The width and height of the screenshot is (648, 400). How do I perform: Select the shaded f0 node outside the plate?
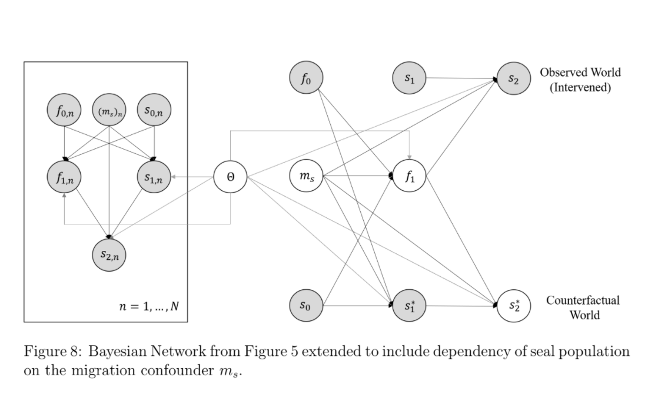(306, 78)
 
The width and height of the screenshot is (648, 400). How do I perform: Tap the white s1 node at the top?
(410, 78)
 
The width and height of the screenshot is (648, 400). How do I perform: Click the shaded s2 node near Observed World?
(513, 78)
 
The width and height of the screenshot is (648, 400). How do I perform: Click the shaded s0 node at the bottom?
(306, 305)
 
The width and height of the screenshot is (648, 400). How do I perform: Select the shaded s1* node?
(410, 306)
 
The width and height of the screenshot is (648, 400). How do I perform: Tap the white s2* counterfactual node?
(513, 306)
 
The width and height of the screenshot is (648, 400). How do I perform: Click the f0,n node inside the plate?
(64, 110)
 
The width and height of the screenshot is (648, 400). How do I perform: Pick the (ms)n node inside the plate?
(109, 110)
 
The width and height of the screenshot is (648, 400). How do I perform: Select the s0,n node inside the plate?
(154, 110)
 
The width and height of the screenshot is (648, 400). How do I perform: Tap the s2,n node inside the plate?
(109, 254)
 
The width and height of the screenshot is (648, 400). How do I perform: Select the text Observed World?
(580, 72)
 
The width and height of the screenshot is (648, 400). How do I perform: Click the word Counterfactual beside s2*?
(583, 300)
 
